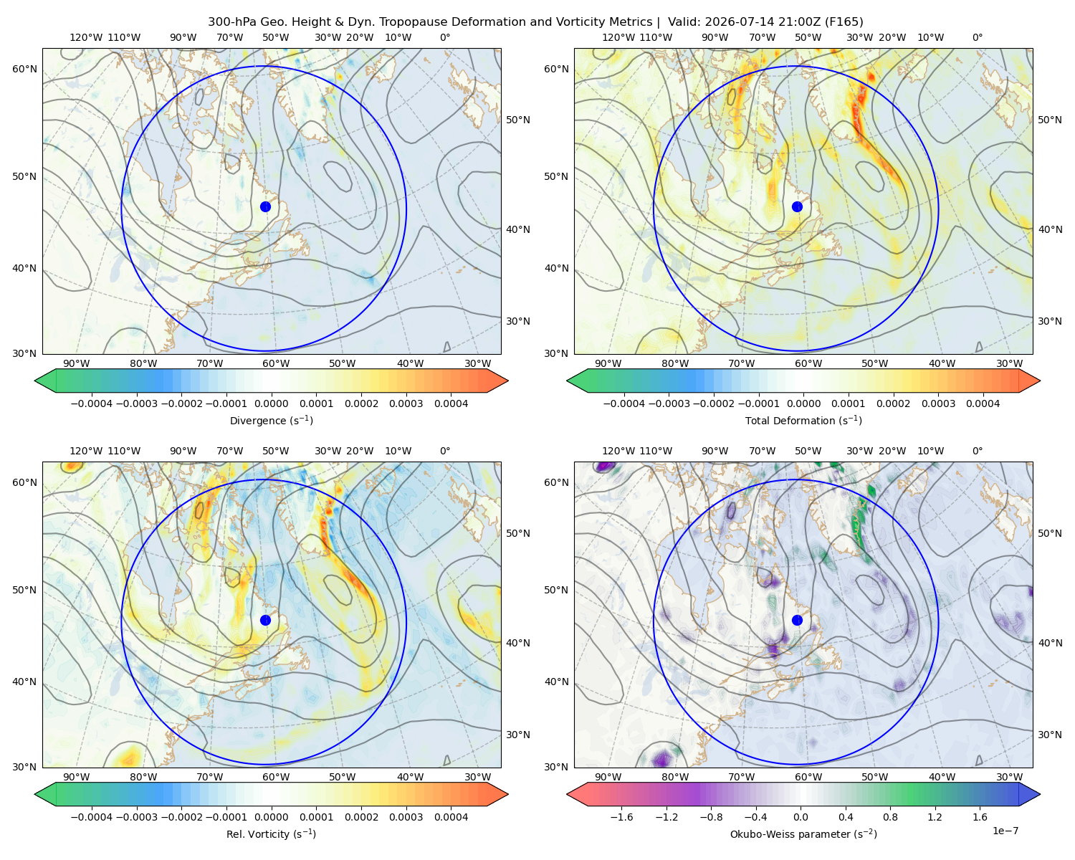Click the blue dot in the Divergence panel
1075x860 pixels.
coord(265,207)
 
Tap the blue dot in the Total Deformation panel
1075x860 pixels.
coord(797,207)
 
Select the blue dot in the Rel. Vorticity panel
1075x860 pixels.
coord(265,620)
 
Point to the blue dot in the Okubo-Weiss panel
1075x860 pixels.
coord(797,620)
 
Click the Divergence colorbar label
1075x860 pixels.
coord(271,421)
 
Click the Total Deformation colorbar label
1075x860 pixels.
coord(803,421)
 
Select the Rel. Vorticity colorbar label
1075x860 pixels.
coord(271,834)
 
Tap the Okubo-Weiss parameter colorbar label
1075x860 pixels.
coord(803,834)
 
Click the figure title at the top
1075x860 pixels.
coord(535,22)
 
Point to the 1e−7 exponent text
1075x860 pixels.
coord(1005,831)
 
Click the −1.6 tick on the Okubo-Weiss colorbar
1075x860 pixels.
coord(621,817)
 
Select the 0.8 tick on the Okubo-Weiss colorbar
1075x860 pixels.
coord(890,817)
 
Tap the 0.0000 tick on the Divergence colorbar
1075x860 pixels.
coord(271,403)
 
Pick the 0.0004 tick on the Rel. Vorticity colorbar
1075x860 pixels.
coord(451,817)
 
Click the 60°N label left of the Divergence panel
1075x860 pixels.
coord(24,69)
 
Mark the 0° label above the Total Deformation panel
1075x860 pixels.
coord(978,37)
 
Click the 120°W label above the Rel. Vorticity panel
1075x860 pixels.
coord(86,451)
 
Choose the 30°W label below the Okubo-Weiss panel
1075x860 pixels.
coord(1010,777)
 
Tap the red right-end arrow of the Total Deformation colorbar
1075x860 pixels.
coord(1030,381)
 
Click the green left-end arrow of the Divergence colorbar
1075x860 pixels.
coord(45,381)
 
